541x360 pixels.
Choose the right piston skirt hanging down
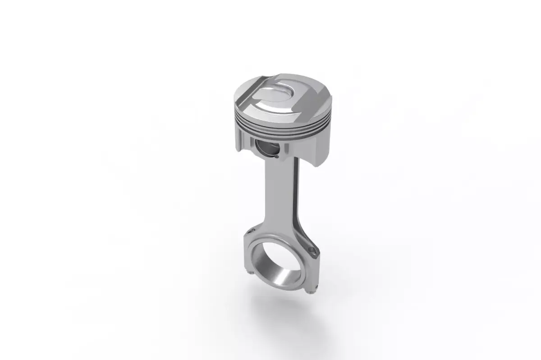311,149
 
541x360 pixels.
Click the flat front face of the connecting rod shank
275,198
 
